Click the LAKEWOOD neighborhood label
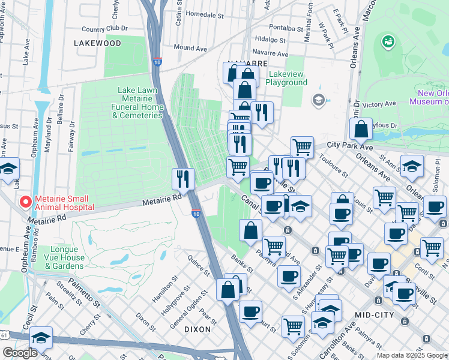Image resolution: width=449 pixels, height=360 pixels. (x=97, y=43)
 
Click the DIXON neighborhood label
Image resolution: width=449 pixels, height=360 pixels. (x=197, y=329)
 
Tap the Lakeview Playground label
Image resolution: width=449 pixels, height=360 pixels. (x=287, y=78)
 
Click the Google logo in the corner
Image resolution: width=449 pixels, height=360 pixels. (x=20, y=353)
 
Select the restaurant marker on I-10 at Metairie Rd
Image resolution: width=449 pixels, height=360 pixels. (x=183, y=178)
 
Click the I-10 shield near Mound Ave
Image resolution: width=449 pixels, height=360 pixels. (x=157, y=62)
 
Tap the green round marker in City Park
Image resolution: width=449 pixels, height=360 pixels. (x=388, y=41)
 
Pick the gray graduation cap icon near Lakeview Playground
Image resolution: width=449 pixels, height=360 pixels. (x=318, y=100)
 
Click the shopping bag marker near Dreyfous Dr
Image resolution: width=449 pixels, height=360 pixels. (x=361, y=128)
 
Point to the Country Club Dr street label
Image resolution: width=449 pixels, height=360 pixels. (x=105, y=28)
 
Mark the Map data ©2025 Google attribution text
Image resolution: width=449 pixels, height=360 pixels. (x=411, y=355)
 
